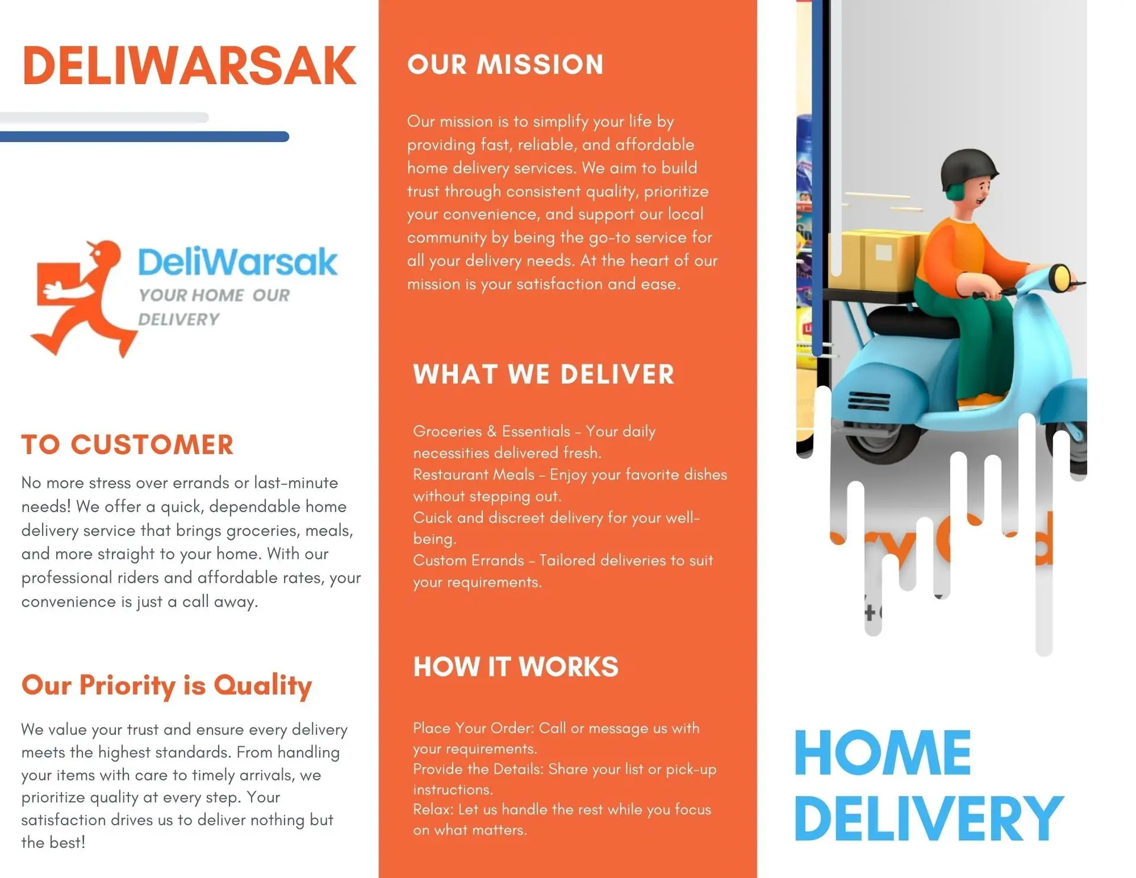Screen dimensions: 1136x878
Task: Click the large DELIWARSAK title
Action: click(189, 66)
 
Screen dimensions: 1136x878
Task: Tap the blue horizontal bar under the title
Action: click(144, 137)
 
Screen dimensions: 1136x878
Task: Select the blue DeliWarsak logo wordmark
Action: click(237, 262)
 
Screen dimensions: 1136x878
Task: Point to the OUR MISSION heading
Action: click(505, 65)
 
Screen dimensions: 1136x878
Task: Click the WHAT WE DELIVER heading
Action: click(544, 374)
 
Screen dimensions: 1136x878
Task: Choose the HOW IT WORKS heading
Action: click(516, 667)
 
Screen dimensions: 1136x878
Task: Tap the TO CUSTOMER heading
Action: click(128, 445)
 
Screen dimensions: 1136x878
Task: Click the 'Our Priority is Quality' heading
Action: click(167, 686)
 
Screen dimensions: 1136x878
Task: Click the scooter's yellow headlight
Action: click(1061, 275)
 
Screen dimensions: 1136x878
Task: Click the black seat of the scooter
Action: click(913, 323)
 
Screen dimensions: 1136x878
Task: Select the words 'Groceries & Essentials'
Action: click(492, 432)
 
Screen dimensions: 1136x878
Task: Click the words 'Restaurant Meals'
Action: click(473, 475)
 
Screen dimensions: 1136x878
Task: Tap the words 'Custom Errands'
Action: click(469, 561)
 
